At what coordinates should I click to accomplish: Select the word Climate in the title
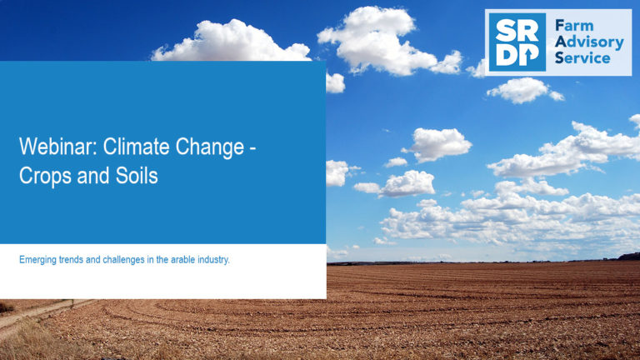pyautogui.click(x=136, y=146)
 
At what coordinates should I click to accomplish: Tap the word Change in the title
pyautogui.click(x=210, y=147)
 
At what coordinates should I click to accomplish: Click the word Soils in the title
pyautogui.click(x=137, y=176)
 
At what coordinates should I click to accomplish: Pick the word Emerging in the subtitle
pyautogui.click(x=37, y=260)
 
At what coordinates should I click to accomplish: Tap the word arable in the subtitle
pyautogui.click(x=182, y=260)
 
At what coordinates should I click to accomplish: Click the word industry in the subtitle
pyautogui.click(x=213, y=260)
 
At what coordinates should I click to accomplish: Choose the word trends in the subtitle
pyautogui.click(x=71, y=260)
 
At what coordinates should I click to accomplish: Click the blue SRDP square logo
pyautogui.click(x=517, y=42)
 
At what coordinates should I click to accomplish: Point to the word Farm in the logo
pyautogui.click(x=574, y=26)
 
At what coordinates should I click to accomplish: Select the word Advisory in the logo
pyautogui.click(x=589, y=42)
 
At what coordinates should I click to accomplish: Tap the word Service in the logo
pyautogui.click(x=582, y=57)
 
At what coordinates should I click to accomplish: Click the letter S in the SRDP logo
pyautogui.click(x=505, y=31)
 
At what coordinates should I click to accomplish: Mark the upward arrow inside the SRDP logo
pyautogui.click(x=528, y=57)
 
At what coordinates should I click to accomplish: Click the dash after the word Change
pyautogui.click(x=252, y=148)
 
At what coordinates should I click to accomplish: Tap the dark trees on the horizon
pyautogui.click(x=628, y=257)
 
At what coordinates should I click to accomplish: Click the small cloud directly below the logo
pyautogui.click(x=524, y=90)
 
